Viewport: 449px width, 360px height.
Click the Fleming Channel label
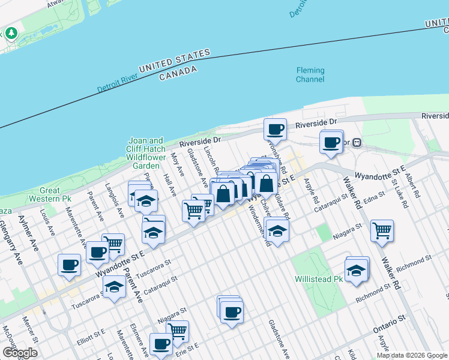[310, 75]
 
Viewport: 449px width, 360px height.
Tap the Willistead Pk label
[318, 280]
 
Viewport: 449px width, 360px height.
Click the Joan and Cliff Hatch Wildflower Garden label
[146, 153]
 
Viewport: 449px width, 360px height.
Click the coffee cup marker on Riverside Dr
[276, 129]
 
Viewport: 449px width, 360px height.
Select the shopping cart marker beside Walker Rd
[382, 230]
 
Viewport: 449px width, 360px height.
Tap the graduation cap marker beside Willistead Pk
[357, 269]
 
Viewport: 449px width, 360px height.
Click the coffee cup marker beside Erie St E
[161, 344]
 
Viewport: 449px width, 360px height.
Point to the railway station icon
[357, 143]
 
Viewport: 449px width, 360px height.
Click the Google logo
[20, 353]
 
